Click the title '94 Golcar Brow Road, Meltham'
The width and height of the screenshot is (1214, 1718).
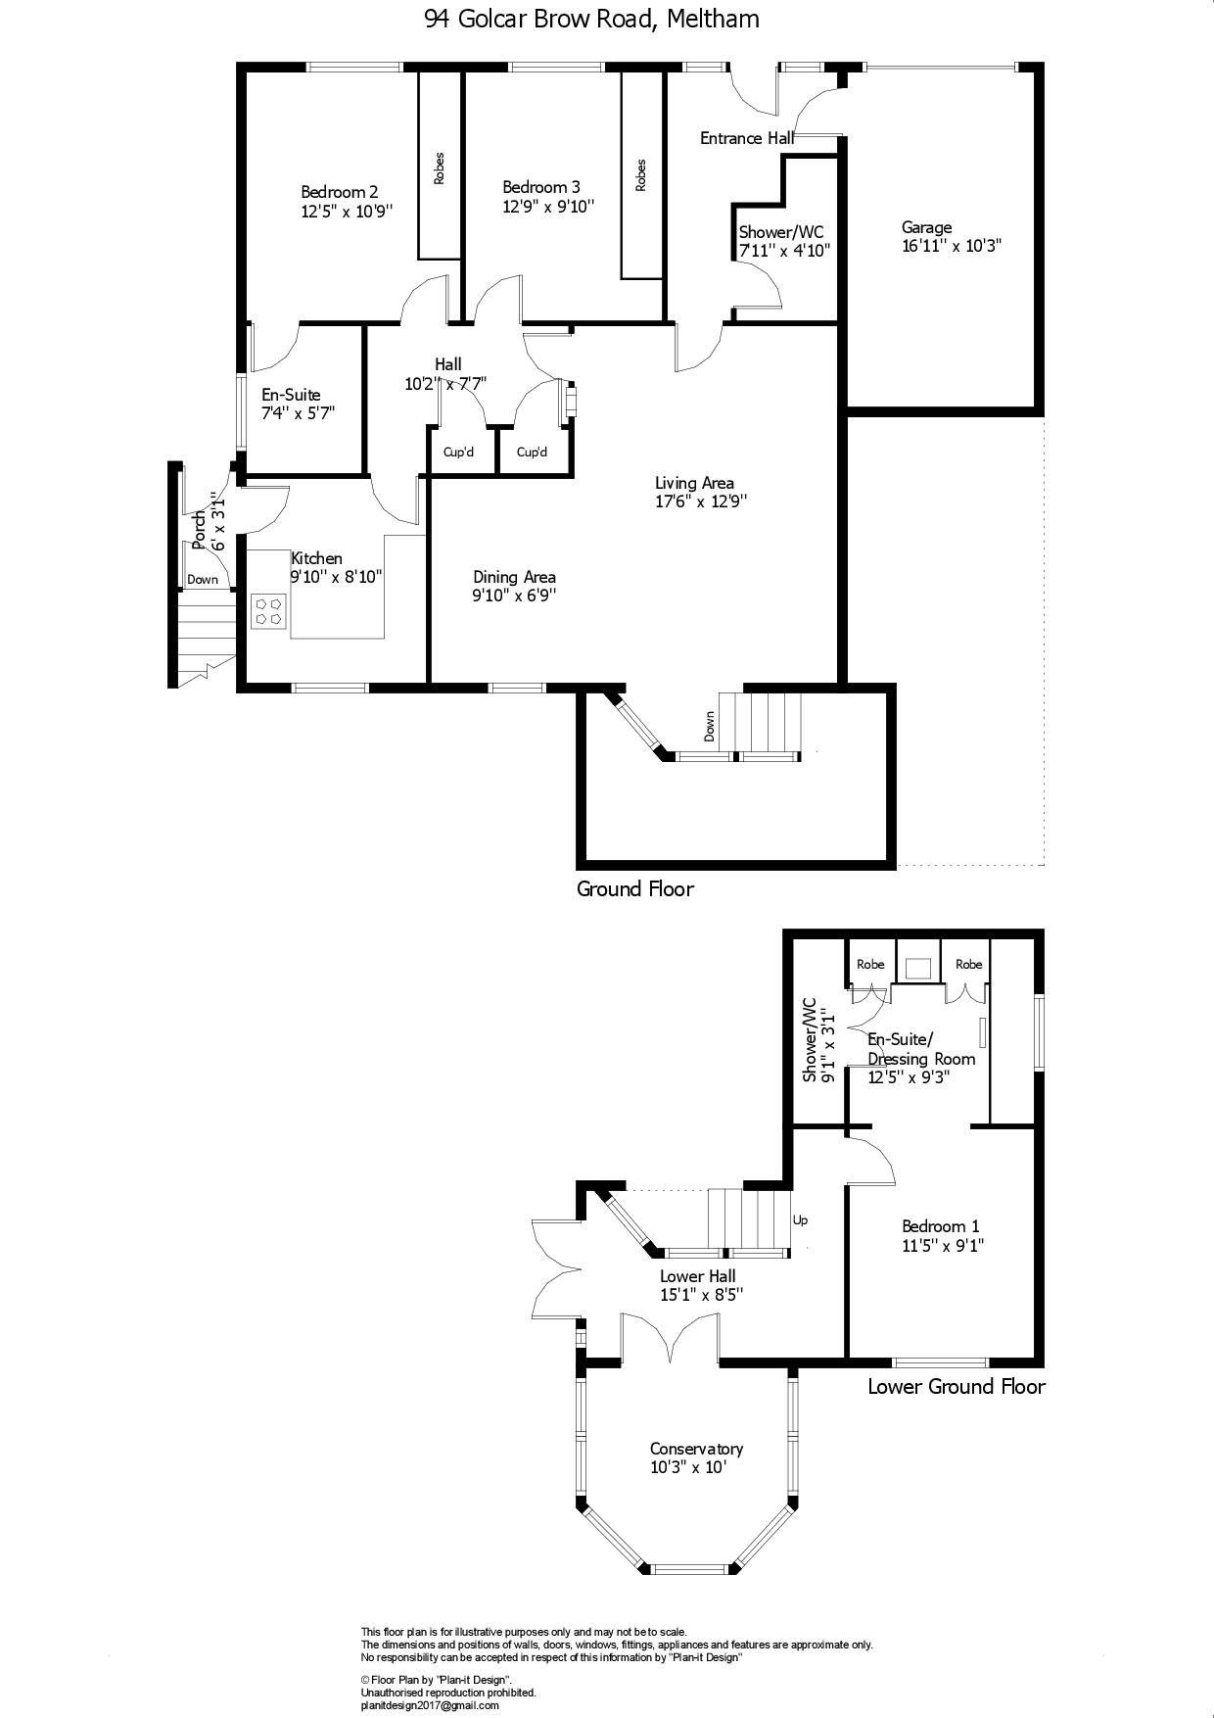pyautogui.click(x=592, y=19)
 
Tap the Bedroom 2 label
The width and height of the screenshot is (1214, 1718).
pyautogui.click(x=340, y=192)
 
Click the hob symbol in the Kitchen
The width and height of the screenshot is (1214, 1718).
pyautogui.click(x=268, y=611)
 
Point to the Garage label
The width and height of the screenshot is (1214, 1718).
pyautogui.click(x=926, y=228)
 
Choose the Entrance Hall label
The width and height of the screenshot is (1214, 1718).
pyautogui.click(x=747, y=138)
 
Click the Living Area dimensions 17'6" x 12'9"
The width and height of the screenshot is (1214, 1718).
pyautogui.click(x=702, y=501)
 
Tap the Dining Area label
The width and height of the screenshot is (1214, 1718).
pyautogui.click(x=514, y=577)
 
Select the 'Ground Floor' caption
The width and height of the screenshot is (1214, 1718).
pyautogui.click(x=634, y=889)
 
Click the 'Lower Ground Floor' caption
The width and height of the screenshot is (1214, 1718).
pyautogui.click(x=957, y=1386)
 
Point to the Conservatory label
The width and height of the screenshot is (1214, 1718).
pyautogui.click(x=696, y=1449)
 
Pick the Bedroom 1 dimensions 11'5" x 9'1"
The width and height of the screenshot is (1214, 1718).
pyautogui.click(x=943, y=1246)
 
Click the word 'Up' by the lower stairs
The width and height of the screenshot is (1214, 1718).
pyautogui.click(x=800, y=1220)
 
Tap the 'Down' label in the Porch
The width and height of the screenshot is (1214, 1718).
pyautogui.click(x=203, y=579)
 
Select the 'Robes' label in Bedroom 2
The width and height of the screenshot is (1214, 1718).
pyautogui.click(x=440, y=168)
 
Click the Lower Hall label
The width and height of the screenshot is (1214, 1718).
pyautogui.click(x=698, y=1276)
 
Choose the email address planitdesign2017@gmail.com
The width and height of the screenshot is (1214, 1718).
pyautogui.click(x=430, y=1705)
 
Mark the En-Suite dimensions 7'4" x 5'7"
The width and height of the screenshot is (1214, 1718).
pyautogui.click(x=299, y=413)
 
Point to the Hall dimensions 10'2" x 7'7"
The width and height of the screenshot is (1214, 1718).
pyautogui.click(x=445, y=385)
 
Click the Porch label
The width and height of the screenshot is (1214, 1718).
pyautogui.click(x=200, y=529)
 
